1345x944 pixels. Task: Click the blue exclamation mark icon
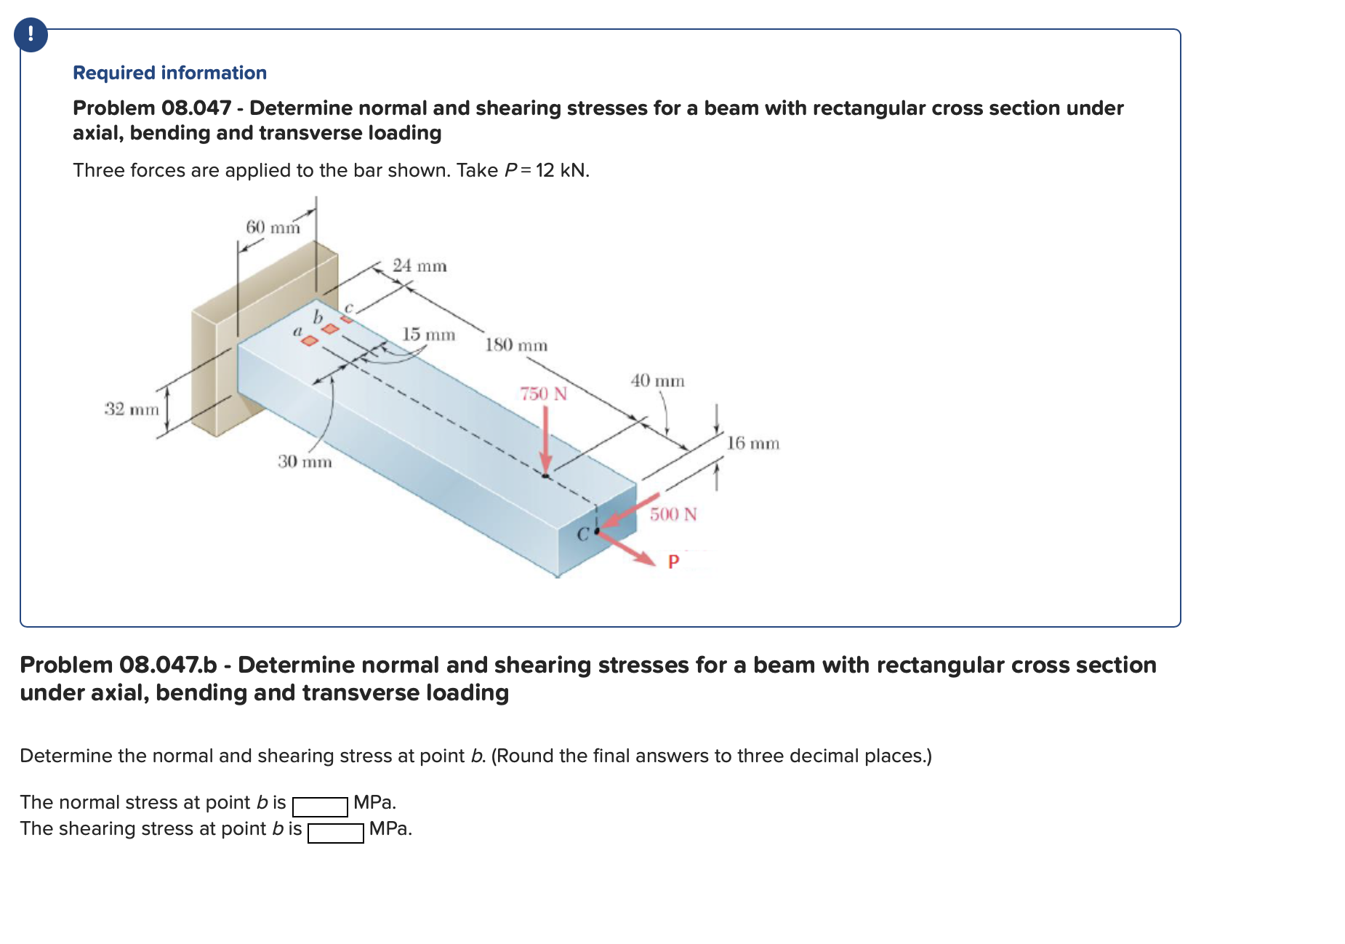[31, 35]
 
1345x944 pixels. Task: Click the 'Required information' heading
[169, 73]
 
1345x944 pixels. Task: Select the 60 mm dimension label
[273, 228]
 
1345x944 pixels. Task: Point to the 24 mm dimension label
[419, 266]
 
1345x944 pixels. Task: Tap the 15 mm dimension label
[428, 335]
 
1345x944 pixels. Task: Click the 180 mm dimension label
[516, 345]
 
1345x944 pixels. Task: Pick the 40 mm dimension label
[657, 381]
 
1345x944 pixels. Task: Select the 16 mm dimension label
[753, 444]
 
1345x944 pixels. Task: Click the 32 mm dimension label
[132, 409]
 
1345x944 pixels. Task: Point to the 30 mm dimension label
[305, 462]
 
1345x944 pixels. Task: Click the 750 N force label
[543, 394]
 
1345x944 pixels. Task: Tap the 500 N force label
[673, 515]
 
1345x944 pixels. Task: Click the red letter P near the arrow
[673, 561]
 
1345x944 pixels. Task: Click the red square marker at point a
[310, 340]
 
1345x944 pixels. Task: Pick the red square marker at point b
[331, 329]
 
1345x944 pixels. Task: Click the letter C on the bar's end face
[582, 535]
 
